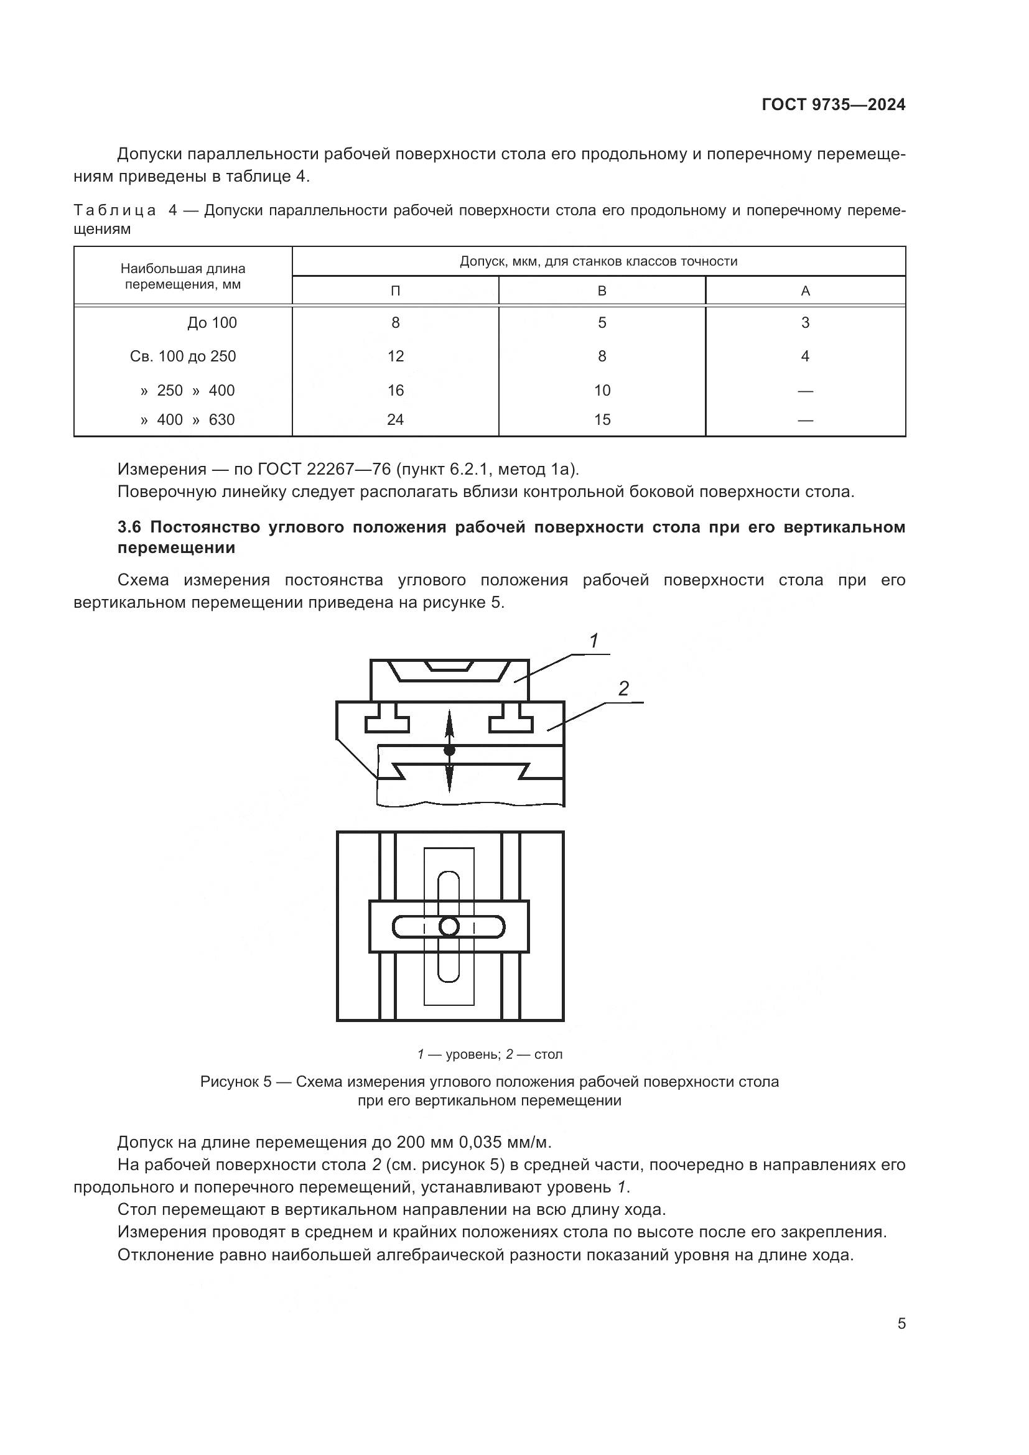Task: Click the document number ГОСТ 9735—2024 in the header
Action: (x=833, y=105)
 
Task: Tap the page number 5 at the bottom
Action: (x=901, y=1323)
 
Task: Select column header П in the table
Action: (x=396, y=291)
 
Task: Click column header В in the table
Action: (x=602, y=291)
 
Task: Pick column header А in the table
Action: (x=805, y=291)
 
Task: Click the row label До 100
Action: (x=212, y=323)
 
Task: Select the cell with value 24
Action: (x=396, y=419)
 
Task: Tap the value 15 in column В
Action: (x=602, y=419)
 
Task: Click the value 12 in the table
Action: (x=396, y=356)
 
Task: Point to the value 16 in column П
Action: (x=396, y=391)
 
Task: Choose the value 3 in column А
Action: (x=805, y=323)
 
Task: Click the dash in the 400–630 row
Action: (x=805, y=420)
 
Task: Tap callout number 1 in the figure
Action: (x=594, y=641)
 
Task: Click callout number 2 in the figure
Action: (x=623, y=689)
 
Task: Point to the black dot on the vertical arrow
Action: (x=449, y=750)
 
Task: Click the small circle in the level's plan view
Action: (x=449, y=927)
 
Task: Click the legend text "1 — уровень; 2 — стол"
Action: (x=489, y=1054)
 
